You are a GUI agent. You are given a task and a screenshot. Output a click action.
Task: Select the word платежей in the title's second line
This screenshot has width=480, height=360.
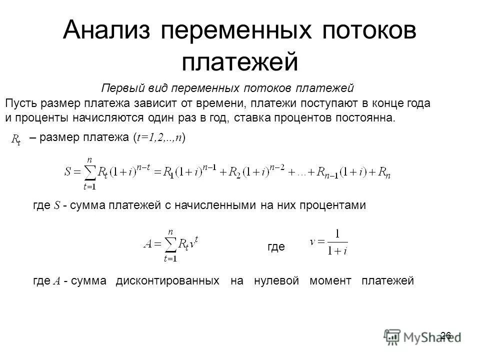pyautogui.click(x=239, y=61)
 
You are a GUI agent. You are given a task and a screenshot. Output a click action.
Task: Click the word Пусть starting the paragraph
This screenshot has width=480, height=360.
pyautogui.click(x=19, y=104)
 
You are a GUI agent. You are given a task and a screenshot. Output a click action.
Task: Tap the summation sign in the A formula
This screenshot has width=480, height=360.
pyautogui.click(x=170, y=245)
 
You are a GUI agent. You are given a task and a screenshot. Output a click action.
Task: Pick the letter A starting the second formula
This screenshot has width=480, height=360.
pyautogui.click(x=148, y=244)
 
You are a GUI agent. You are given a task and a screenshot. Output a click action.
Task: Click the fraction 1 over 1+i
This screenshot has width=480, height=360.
pyautogui.click(x=337, y=242)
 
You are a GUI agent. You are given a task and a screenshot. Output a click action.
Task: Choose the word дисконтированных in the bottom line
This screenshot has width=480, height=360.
pyautogui.click(x=167, y=281)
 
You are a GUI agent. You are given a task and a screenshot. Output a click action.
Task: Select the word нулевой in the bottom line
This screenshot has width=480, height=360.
pyautogui.click(x=276, y=281)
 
